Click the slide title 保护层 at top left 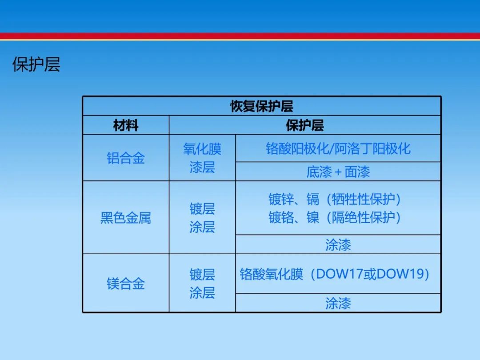click(36, 64)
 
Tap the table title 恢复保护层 click(262, 106)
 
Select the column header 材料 click(126, 125)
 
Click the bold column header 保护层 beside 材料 click(304, 125)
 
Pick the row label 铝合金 click(126, 158)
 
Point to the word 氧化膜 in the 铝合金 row click(202, 149)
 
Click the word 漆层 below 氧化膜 click(202, 168)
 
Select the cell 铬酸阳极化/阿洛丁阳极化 click(338, 149)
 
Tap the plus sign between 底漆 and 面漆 click(338, 172)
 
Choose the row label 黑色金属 click(126, 218)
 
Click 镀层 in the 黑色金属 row click(202, 209)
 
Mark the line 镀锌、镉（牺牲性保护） click(335, 199)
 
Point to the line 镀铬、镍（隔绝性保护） click(335, 218)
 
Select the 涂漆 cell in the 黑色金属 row click(338, 245)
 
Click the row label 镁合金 click(126, 284)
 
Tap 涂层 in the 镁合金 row click(202, 293)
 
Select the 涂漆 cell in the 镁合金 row click(338, 304)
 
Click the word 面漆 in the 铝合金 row click(357, 172)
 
